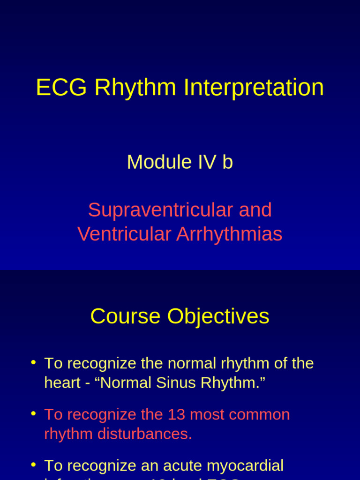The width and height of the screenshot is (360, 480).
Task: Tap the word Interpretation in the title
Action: (254, 88)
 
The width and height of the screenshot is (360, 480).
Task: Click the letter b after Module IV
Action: (228, 162)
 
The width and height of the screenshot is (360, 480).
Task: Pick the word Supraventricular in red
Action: (160, 210)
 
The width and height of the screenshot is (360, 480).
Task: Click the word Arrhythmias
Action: (229, 234)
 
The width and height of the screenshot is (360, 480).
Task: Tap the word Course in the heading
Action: (126, 316)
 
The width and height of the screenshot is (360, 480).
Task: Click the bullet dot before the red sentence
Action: (33, 413)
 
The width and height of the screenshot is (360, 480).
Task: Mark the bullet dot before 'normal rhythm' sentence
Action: (33, 362)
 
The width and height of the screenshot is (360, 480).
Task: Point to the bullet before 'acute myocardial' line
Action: (33, 464)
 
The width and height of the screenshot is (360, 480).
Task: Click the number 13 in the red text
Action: (173, 414)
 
